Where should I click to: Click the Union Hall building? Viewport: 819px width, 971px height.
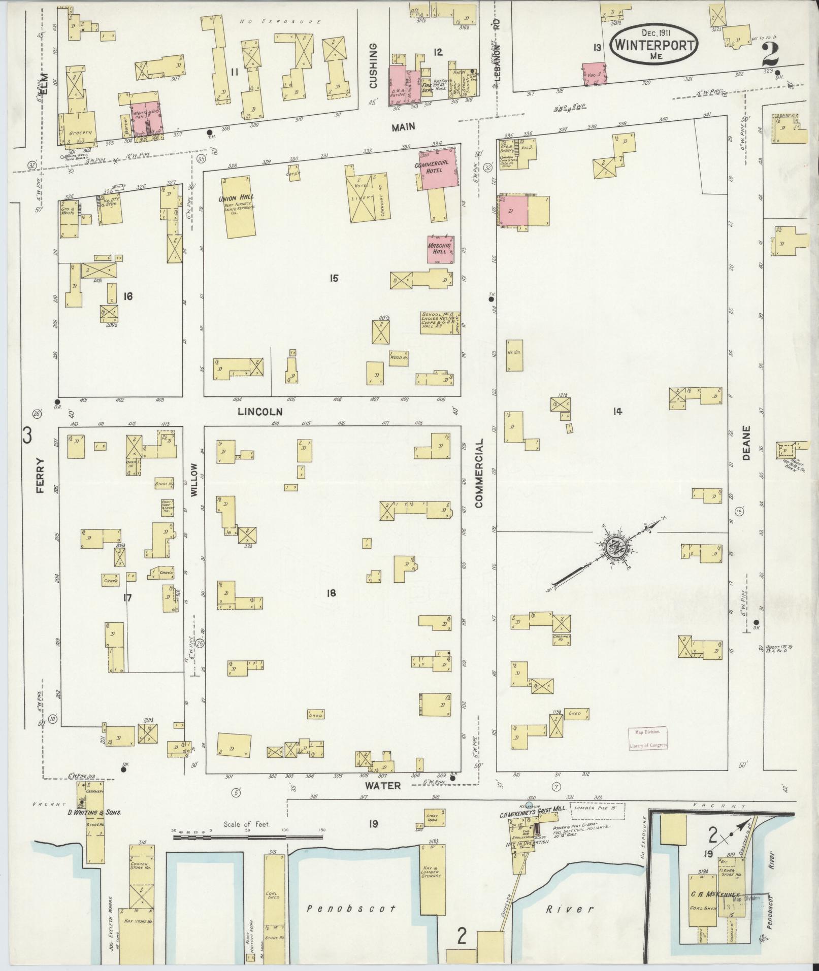pos(236,207)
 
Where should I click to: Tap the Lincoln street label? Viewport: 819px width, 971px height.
pos(259,412)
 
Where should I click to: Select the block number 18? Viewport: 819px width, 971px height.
pos(332,592)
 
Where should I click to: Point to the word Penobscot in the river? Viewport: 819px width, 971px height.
pos(352,908)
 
